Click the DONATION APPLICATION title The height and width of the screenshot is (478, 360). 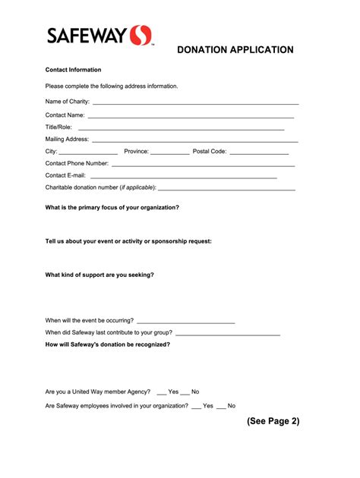click(235, 50)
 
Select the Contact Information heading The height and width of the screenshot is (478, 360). click(73, 69)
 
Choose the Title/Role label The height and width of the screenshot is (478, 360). click(58, 127)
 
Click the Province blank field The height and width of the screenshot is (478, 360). click(169, 152)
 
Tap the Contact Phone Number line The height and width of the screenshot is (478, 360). click(203, 164)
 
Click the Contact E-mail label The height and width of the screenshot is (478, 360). click(65, 175)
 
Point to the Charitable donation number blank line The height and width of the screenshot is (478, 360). click(228, 187)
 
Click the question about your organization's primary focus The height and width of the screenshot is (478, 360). click(112, 207)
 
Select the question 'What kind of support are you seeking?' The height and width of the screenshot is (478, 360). click(99, 275)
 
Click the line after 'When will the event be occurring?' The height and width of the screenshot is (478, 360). click(186, 321)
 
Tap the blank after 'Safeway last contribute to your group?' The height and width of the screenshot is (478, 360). click(228, 333)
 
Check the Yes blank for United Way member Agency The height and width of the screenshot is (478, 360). click(161, 392)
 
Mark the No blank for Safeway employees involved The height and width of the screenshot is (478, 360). click(221, 406)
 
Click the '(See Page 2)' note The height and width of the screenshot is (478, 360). click(273, 421)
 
